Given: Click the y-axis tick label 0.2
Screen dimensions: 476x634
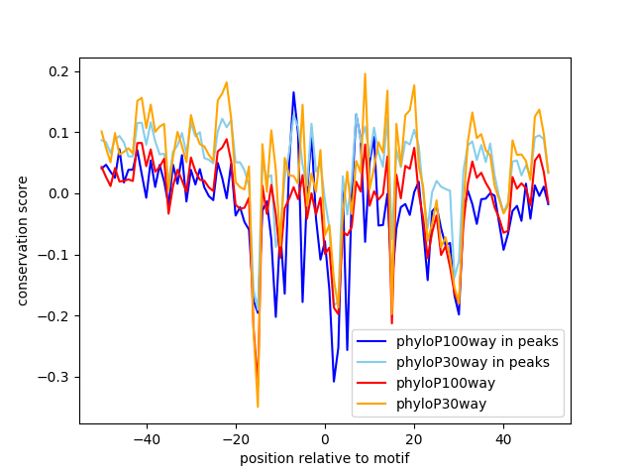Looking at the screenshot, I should point(59,71).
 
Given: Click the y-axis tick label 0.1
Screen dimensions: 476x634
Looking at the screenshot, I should point(59,133).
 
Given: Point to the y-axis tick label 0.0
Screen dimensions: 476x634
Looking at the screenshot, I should point(59,193).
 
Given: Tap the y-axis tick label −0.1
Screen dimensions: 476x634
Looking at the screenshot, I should point(55,255).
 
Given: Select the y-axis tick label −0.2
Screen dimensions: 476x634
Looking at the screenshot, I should point(55,316).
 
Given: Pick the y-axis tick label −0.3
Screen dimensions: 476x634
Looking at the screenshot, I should point(55,377).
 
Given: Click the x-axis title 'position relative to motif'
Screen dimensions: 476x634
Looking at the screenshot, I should point(324,458).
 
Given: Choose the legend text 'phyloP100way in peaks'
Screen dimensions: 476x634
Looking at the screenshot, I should point(476,342).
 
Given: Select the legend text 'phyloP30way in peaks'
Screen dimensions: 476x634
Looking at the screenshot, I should point(473,362).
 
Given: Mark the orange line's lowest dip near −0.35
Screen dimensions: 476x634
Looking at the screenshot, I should point(258,407).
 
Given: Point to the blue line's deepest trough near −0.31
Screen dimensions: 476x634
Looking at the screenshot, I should point(334,381).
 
